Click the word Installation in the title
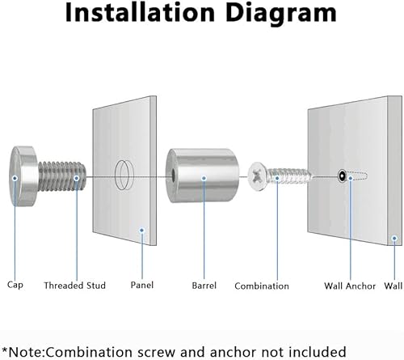pos(140,13)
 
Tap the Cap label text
pos(15,286)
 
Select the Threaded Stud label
pos(74,286)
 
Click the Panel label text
pos(142,285)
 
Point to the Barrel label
pos(204,286)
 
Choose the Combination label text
pos(262,286)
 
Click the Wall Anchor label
pos(350,286)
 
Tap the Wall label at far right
pos(393,286)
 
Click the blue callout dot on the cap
pos(15,178)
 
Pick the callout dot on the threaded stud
pos(77,178)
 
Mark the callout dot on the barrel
pos(204,178)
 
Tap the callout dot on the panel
pos(142,231)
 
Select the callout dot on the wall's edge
pos(394,239)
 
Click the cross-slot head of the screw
pos(257,176)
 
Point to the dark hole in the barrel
pos(172,176)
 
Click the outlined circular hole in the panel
pos(124,175)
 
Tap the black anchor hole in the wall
pos(342,176)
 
